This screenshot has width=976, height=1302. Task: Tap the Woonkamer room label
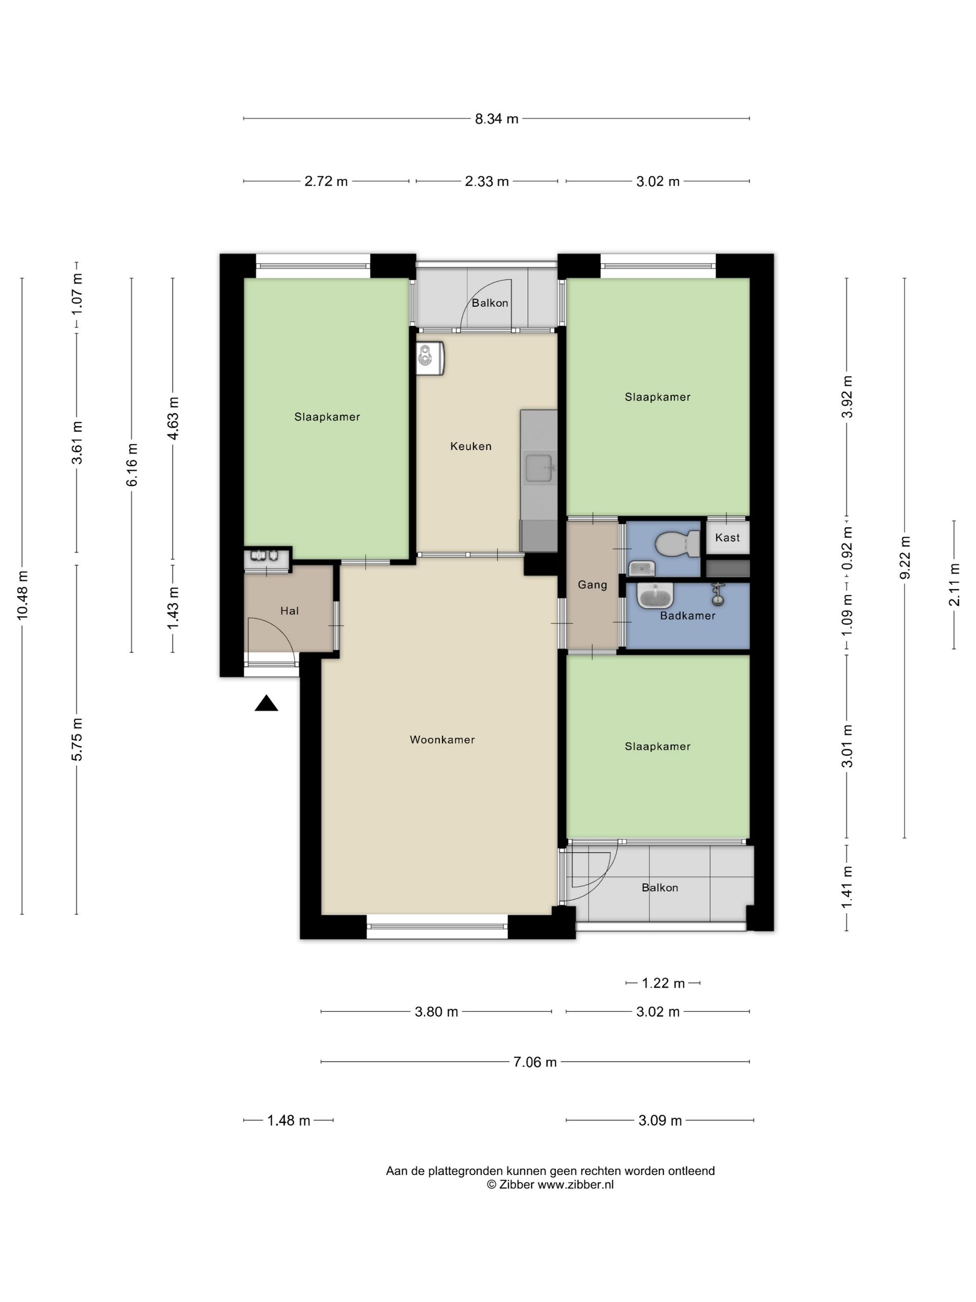[442, 740]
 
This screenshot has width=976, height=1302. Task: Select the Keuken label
[471, 446]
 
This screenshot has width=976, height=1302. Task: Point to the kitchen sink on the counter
[539, 468]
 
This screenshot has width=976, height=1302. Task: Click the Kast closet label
[727, 538]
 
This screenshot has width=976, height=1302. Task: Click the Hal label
[289, 611]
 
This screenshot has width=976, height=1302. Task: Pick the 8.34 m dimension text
[496, 119]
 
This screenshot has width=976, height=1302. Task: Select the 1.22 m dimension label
[663, 983]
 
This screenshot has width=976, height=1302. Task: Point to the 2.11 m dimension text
[954, 585]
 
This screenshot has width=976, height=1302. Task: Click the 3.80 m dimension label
[436, 1012]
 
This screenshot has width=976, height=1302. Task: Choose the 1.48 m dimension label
[288, 1120]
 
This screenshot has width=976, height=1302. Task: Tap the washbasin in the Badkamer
[655, 595]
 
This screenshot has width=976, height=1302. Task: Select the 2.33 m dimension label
[487, 181]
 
